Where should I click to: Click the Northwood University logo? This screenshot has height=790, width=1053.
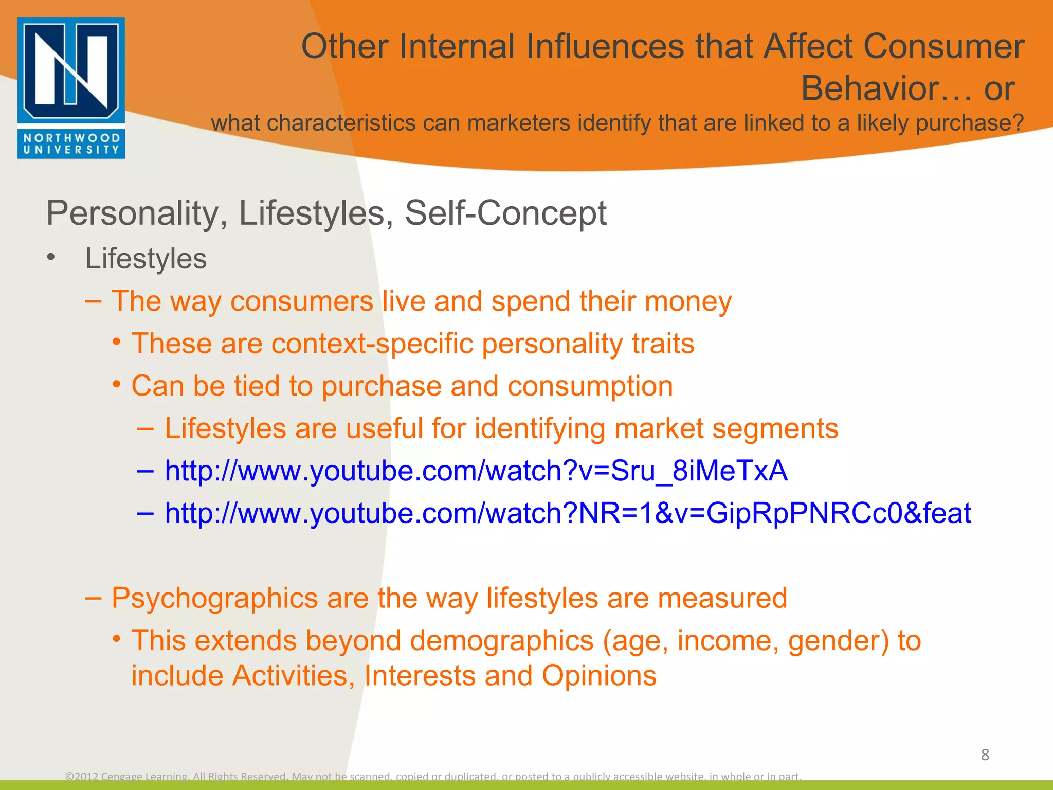(71, 87)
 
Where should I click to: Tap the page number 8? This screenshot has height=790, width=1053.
(985, 755)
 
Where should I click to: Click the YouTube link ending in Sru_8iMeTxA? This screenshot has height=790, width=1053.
(476, 471)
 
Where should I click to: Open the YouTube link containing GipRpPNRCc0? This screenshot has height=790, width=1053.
(568, 513)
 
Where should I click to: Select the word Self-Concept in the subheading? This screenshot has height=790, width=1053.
(505, 213)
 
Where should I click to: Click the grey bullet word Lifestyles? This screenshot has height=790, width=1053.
(146, 258)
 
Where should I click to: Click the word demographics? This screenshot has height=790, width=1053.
(502, 641)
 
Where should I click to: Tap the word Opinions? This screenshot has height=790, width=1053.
(598, 676)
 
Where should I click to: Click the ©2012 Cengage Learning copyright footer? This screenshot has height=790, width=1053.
(433, 776)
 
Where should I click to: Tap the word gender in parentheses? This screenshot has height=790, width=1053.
(838, 641)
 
